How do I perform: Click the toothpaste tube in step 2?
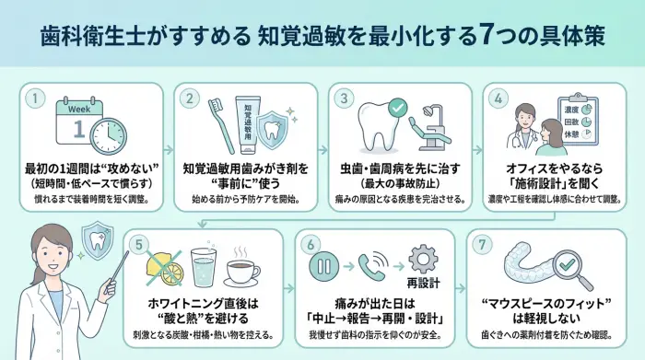point(248,127)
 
